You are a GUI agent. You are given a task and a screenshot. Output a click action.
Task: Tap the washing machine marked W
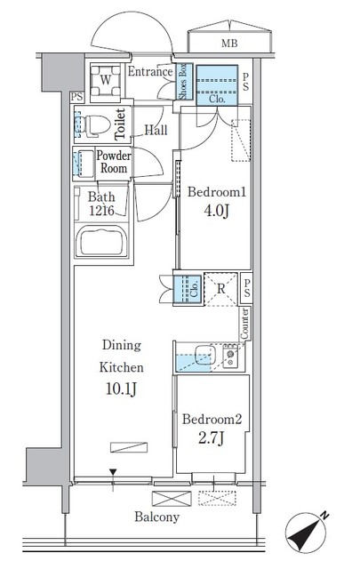(106, 79)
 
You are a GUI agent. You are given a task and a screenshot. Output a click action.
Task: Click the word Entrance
(149, 72)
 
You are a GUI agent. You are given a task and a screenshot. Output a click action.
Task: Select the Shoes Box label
(182, 83)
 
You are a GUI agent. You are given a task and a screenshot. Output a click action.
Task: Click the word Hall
(156, 130)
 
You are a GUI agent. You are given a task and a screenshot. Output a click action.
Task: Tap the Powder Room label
(114, 162)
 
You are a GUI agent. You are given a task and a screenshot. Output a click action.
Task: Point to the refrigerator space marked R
(220, 288)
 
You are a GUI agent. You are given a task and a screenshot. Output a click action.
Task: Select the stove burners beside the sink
(231, 357)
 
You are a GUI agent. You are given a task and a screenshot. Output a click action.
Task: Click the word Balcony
(157, 517)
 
